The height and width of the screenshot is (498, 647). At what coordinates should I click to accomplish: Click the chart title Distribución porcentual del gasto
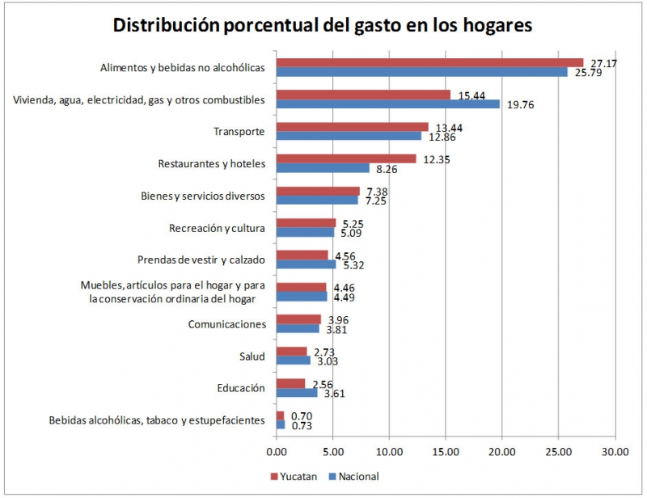pos(323,26)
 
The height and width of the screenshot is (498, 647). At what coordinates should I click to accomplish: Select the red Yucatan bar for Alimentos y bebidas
pos(429,63)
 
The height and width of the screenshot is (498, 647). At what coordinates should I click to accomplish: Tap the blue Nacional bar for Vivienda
pos(387,103)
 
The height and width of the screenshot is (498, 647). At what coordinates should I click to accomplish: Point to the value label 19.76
pos(522,104)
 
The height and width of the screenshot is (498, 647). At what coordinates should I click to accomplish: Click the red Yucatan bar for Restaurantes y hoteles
pos(346,158)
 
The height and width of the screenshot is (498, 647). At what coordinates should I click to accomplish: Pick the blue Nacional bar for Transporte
pos(349,136)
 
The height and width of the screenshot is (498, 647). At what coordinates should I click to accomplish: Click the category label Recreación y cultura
pos(217,228)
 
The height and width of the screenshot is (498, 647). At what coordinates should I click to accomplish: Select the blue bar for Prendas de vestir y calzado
pos(306,264)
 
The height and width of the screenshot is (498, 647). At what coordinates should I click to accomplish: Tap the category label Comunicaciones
pos(226,324)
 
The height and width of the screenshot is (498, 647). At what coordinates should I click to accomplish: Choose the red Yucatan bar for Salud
pos(291,351)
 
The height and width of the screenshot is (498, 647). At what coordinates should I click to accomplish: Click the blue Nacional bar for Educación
pos(296,392)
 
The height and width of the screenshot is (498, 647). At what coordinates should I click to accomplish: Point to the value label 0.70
pos(302,415)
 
